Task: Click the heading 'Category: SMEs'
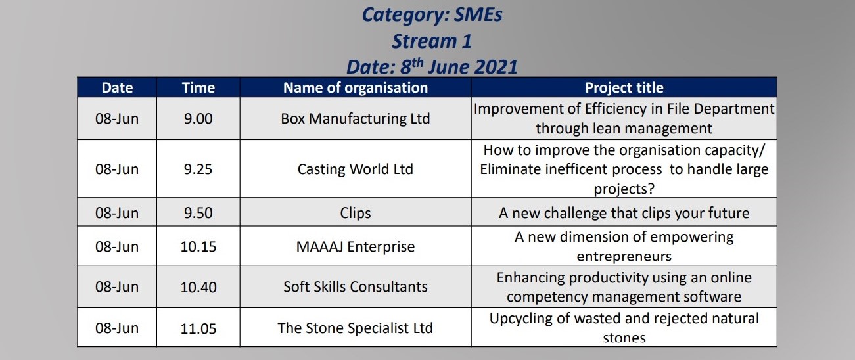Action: (432, 15)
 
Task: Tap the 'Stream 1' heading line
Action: (432, 41)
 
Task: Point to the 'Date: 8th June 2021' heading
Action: (432, 66)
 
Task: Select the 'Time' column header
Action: (198, 88)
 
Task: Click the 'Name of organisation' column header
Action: (356, 88)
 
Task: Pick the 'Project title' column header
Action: (624, 88)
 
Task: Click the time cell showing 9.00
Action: (198, 119)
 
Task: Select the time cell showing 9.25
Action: (198, 169)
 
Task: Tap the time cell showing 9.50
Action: (198, 213)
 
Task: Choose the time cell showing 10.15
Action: (198, 247)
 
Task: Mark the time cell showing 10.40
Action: (198, 287)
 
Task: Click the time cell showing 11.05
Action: (198, 328)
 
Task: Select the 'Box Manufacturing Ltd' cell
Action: (356, 119)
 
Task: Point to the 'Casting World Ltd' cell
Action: (356, 169)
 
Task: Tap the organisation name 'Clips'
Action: (356, 214)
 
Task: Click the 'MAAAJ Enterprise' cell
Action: (356, 247)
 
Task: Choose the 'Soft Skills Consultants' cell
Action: (356, 287)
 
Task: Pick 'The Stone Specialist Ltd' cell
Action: (356, 328)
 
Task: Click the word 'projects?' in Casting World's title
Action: (624, 189)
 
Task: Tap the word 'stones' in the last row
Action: (624, 338)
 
